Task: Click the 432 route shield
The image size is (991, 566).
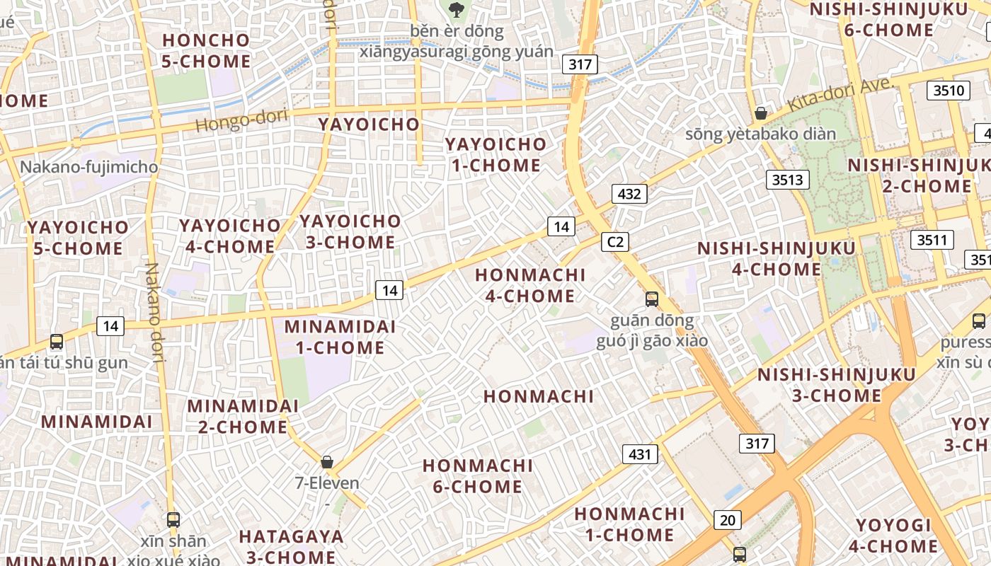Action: tap(629, 194)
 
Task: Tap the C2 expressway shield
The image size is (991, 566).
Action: tap(615, 242)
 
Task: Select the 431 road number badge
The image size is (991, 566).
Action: tap(640, 454)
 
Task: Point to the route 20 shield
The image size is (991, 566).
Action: tap(728, 521)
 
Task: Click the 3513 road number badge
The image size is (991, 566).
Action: tap(788, 180)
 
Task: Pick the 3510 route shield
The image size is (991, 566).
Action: tap(949, 91)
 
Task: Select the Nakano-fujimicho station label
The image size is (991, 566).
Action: tap(89, 168)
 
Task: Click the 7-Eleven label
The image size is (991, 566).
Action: tap(327, 483)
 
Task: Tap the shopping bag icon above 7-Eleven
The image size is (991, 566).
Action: tap(327, 462)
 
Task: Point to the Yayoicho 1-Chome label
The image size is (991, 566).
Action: tap(495, 155)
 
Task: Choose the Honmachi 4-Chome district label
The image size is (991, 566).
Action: tap(530, 285)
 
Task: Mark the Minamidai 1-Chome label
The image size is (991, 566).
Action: tap(340, 337)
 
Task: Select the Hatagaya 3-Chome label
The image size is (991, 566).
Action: tap(291, 547)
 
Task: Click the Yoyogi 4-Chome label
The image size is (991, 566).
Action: tap(893, 536)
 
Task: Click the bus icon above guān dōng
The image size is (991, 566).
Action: tap(652, 299)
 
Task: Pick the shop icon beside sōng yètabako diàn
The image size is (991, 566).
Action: tap(761, 113)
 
